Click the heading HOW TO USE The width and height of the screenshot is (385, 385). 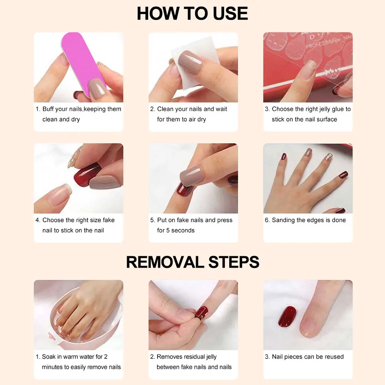click(192, 14)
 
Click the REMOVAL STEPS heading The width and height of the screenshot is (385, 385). click(192, 262)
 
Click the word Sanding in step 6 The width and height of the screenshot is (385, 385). click(285, 220)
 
